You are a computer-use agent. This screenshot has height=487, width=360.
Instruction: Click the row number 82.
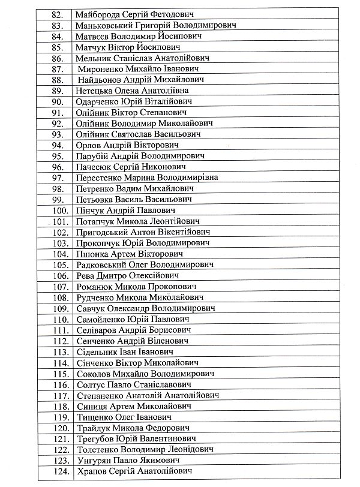point(58,14)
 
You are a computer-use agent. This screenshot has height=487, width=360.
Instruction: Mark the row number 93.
point(58,134)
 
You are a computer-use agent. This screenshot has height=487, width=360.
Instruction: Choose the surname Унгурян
point(95,461)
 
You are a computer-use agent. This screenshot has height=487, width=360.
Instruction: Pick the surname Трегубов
point(96,440)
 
